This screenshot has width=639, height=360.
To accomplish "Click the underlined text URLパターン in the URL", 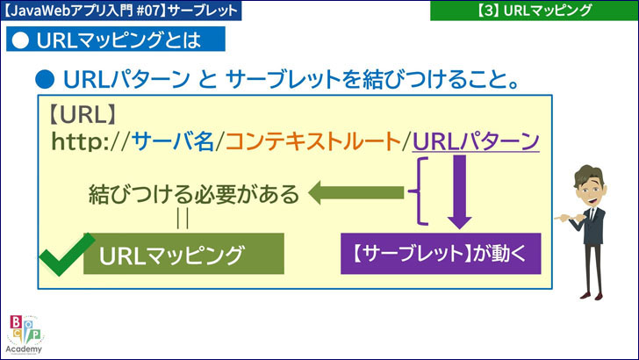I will (475, 142).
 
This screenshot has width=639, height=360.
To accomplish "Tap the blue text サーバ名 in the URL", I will (173, 142).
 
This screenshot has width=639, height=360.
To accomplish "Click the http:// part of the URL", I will (91, 142).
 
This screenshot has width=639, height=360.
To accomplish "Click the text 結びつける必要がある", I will (193, 193).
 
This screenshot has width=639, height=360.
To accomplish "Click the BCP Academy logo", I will (25, 334).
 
